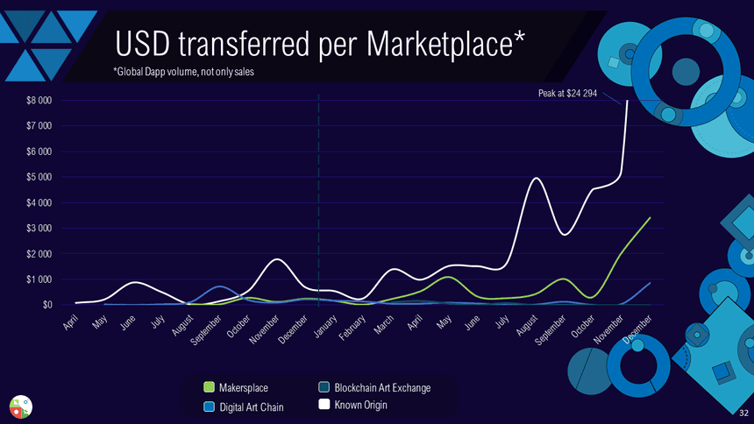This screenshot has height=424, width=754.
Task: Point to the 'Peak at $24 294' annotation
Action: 567,93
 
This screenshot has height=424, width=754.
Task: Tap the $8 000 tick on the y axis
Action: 38,101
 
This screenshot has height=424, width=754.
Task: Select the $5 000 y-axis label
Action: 38,177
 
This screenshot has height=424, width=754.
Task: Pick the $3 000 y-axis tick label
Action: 38,228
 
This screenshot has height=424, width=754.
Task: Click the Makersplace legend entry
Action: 244,387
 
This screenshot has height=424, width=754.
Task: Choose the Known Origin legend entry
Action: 360,405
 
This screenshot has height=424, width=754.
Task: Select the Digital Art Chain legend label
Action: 251,406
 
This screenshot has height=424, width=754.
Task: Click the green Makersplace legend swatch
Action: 209,387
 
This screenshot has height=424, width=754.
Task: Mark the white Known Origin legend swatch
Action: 324,405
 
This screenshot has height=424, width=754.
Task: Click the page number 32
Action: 744,411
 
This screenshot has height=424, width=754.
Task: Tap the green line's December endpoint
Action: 650,217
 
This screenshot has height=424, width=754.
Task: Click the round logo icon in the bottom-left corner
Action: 20,405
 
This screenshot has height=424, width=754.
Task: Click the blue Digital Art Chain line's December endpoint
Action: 650,283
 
